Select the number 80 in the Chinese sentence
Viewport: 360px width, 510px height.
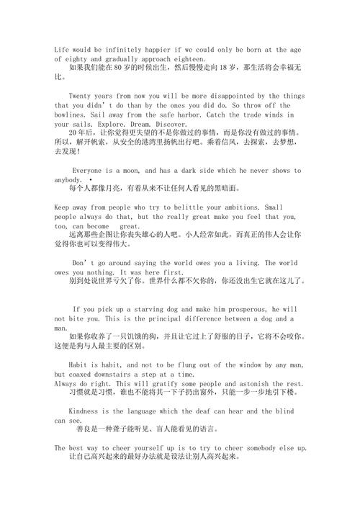coord(116,67)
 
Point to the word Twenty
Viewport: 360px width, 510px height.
coord(84,95)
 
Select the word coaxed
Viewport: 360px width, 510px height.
coord(87,375)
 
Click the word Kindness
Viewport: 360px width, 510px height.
coord(87,411)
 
